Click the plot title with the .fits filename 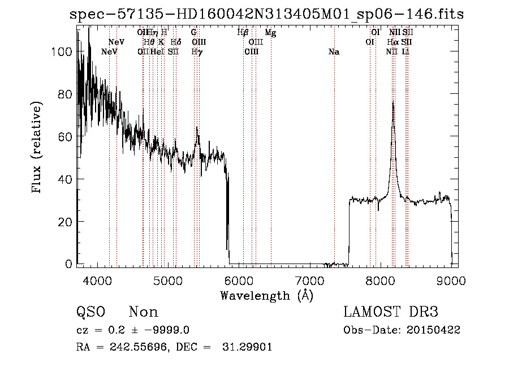tap(266, 15)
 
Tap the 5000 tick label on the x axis tap(168, 280)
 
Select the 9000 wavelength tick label tap(451, 280)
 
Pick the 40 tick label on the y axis tap(64, 179)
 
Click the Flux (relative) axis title tap(37, 148)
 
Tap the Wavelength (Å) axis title tap(266, 295)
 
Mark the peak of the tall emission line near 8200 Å tap(392, 102)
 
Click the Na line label tap(334, 52)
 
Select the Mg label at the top tap(270, 33)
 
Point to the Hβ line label tap(243, 33)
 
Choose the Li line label tap(406, 52)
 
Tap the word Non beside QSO tap(143, 312)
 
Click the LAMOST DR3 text tap(390, 312)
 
